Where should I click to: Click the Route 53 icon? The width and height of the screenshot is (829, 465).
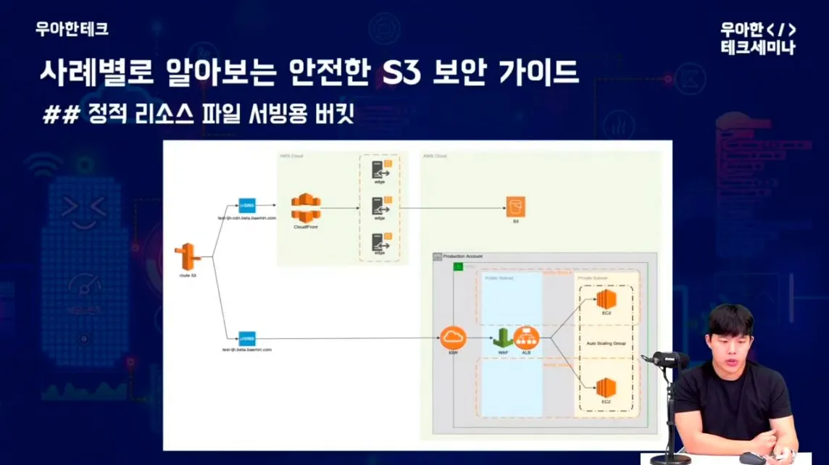click(187, 258)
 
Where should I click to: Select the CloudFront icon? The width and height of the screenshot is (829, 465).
click(306, 209)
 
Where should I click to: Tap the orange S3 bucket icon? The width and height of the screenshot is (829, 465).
click(515, 206)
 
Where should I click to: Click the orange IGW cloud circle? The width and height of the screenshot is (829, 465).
click(453, 337)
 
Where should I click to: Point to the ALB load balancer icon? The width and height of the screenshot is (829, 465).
click(527, 337)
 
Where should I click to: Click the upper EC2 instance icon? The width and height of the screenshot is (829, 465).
click(606, 298)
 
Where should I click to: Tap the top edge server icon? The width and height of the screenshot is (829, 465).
click(379, 170)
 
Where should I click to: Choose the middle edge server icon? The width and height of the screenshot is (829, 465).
click(379, 207)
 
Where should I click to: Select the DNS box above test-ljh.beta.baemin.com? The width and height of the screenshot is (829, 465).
click(246, 338)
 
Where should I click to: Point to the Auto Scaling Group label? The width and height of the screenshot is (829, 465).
click(607, 343)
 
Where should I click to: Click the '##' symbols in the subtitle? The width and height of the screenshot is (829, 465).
click(60, 114)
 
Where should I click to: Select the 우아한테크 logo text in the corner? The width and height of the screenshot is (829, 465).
click(72, 29)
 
